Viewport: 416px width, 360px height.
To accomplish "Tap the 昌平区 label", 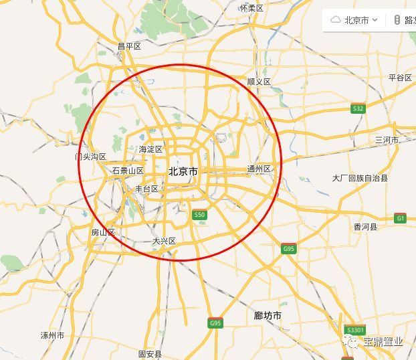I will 129,46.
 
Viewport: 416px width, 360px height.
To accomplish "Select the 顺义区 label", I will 258,82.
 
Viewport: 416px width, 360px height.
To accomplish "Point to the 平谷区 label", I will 400,78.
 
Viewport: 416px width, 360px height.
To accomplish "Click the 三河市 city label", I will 387,140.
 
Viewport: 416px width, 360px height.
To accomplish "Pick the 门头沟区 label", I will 90,157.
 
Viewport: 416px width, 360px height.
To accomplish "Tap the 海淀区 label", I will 150,149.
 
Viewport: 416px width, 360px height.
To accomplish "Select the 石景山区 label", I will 128,171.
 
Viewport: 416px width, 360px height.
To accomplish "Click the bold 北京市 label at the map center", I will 183,171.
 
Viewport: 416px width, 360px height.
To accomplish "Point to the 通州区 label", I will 259,169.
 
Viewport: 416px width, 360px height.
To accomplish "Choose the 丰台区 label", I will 146,189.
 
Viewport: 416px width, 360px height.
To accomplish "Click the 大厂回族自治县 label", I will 360,178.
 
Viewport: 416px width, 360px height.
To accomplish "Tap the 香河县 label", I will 365,227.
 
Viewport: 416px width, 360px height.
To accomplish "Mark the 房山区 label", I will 103,232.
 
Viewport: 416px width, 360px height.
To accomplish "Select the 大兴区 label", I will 164,241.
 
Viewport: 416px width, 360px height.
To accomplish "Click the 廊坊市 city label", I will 268,315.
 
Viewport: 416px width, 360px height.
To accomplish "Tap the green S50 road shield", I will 199,215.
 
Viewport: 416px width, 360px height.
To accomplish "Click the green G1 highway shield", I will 400,218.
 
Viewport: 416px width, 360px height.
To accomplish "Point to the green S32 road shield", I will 358,108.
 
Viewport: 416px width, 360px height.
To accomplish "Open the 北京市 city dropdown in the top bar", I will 361,20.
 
